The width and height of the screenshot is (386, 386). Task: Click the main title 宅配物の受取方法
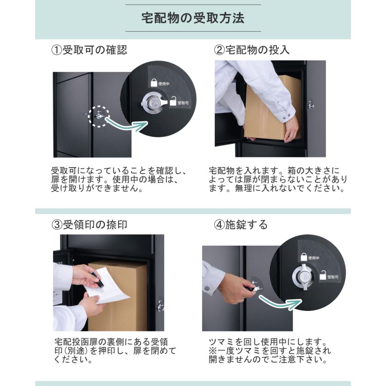[193, 18]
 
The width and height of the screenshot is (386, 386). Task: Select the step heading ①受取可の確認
[89, 50]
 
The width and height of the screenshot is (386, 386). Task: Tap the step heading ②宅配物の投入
[252, 50]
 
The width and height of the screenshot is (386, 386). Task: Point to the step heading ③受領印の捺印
[89, 224]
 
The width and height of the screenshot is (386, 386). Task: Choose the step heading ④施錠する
[241, 224]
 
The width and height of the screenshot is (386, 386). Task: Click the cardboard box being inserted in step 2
[272, 109]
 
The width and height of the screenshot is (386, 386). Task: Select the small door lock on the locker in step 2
[311, 105]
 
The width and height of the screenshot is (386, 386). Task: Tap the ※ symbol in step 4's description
[213, 350]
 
